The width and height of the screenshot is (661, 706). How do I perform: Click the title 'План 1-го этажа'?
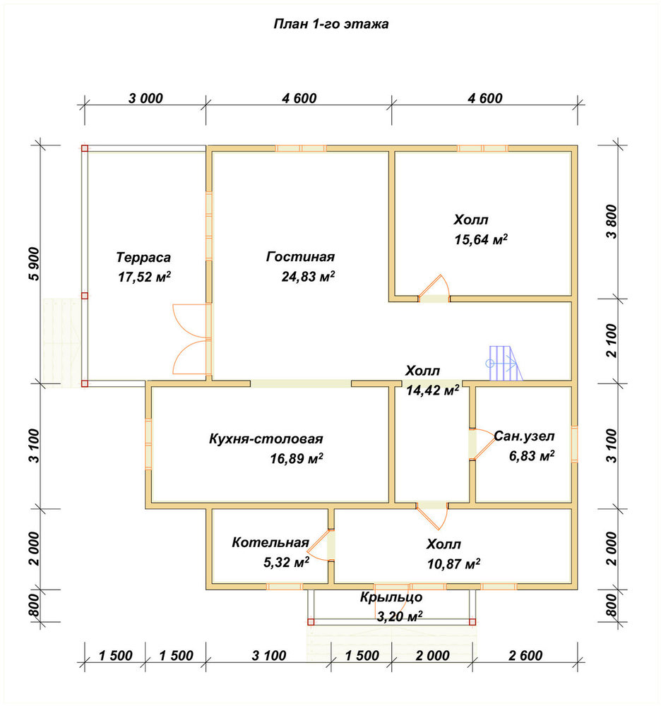[331, 23]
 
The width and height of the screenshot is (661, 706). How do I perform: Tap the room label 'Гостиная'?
[300, 256]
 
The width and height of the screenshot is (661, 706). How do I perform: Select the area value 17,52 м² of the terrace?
[144, 277]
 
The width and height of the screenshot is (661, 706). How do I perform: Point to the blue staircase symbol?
[504, 363]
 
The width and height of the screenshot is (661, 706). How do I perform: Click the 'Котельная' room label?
[270, 542]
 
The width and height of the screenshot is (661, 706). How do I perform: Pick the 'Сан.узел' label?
[524, 436]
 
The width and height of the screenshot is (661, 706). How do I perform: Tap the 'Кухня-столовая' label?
[266, 438]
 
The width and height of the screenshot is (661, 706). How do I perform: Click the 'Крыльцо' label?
[391, 597]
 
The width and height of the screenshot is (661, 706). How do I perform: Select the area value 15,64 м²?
[481, 239]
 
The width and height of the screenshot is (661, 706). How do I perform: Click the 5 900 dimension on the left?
[34, 264]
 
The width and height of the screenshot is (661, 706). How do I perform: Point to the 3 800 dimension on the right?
[611, 221]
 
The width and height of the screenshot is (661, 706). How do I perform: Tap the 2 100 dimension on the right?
[611, 340]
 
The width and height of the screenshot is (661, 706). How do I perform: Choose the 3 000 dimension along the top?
[145, 98]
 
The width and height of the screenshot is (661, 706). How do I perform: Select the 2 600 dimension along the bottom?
[525, 655]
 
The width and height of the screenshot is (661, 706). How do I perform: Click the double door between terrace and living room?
[192, 339]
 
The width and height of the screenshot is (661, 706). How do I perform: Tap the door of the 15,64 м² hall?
[434, 288]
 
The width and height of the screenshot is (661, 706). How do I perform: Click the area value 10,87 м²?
[453, 563]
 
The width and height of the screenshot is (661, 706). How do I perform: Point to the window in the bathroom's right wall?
[575, 444]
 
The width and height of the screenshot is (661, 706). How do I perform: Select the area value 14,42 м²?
[432, 390]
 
